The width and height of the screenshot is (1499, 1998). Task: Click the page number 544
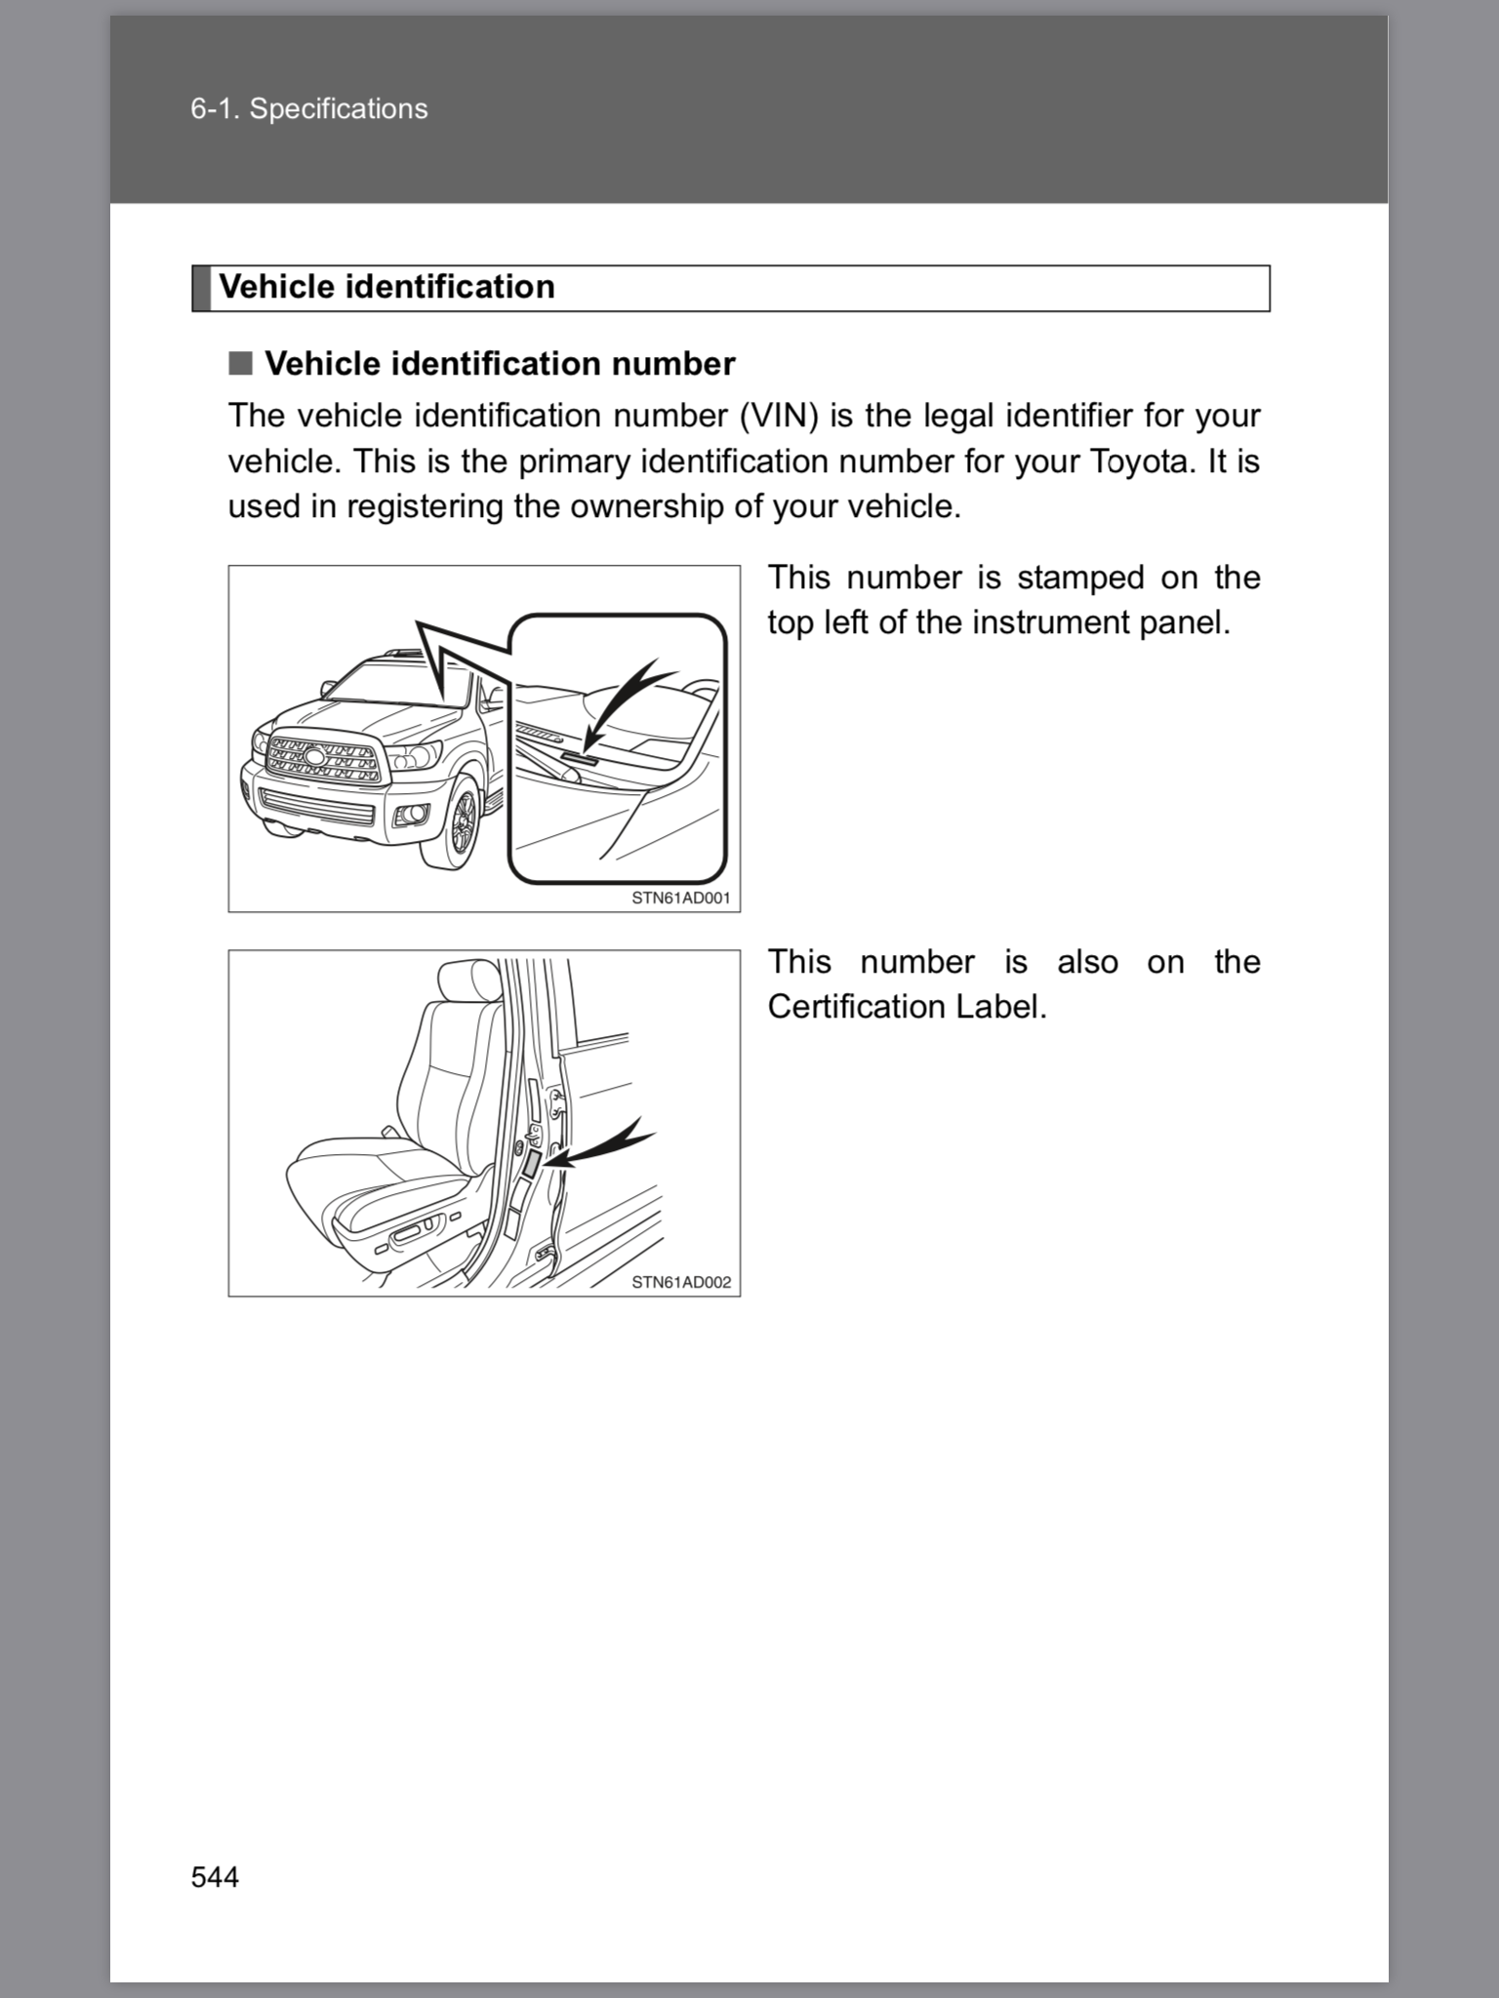(215, 1877)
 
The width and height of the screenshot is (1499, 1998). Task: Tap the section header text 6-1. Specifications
(308, 108)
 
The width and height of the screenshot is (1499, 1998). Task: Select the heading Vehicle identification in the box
(386, 287)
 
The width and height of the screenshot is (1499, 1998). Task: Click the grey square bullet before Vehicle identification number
(240, 364)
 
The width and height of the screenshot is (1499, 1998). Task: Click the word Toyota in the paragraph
(1137, 461)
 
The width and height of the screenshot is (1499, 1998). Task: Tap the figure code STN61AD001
(680, 898)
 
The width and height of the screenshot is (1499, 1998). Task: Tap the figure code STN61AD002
(680, 1282)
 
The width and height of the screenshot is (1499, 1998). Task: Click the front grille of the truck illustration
(322, 760)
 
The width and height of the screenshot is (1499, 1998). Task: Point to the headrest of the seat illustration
(470, 979)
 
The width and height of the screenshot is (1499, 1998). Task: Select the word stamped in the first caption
(1080, 578)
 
